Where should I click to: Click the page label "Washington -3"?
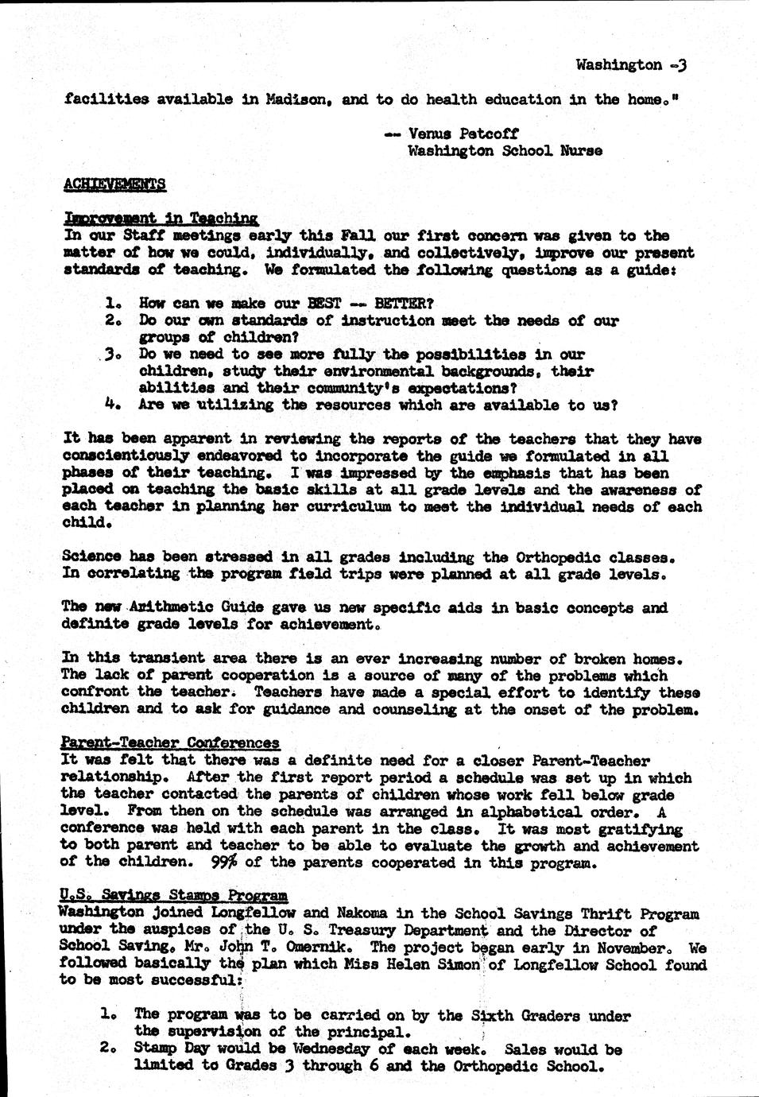(629, 65)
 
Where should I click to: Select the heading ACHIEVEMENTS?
(114, 184)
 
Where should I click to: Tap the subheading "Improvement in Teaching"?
(161, 219)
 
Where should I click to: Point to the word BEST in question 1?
(323, 304)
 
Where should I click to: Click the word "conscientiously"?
(126, 455)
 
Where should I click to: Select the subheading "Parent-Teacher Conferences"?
(170, 743)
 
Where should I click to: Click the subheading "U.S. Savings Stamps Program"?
(174, 896)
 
